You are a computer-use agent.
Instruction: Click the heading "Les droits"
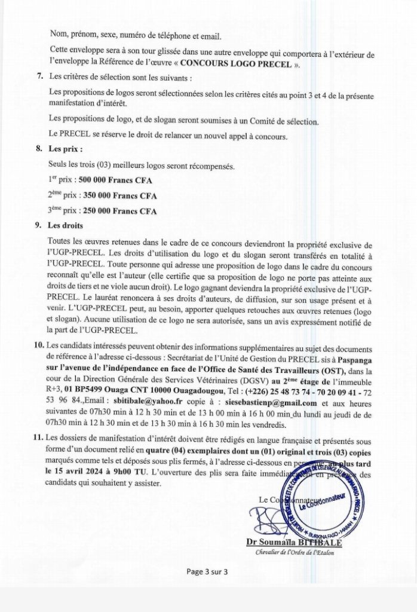(x=66, y=226)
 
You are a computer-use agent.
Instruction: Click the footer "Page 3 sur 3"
(x=207, y=572)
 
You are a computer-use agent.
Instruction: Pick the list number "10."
(x=39, y=346)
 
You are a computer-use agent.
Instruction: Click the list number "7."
(x=40, y=76)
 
